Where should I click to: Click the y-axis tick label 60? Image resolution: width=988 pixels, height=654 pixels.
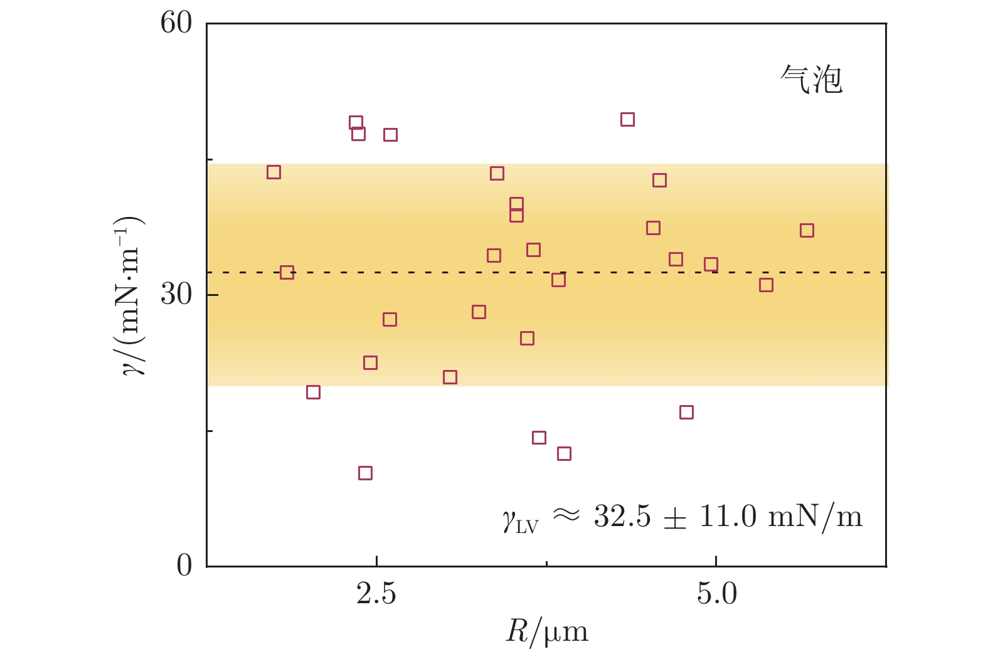click(x=176, y=23)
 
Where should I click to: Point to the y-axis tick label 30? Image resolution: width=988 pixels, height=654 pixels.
click(x=176, y=294)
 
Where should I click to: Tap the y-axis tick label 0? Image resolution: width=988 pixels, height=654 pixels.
click(x=184, y=566)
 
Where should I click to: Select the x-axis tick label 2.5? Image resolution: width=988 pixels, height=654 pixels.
click(x=376, y=593)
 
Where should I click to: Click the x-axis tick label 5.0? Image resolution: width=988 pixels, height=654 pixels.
click(x=716, y=593)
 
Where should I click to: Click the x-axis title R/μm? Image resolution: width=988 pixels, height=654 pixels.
click(x=547, y=632)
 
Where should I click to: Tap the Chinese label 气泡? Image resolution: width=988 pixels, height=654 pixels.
click(x=811, y=80)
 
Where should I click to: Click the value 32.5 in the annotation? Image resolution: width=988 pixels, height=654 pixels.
click(x=622, y=517)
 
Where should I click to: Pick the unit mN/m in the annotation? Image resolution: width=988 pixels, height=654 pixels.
click(x=815, y=517)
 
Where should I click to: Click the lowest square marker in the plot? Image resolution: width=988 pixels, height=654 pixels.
click(x=365, y=473)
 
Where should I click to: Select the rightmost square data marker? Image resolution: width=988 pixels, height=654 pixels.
click(x=807, y=230)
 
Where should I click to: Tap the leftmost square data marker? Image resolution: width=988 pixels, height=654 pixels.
click(x=274, y=172)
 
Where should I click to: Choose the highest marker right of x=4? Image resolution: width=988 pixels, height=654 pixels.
click(x=627, y=119)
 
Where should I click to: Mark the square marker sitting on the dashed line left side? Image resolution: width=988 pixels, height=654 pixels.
click(x=287, y=272)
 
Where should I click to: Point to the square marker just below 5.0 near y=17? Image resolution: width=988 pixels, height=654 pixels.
click(x=686, y=412)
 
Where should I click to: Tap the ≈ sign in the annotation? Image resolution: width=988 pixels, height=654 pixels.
click(x=566, y=515)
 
